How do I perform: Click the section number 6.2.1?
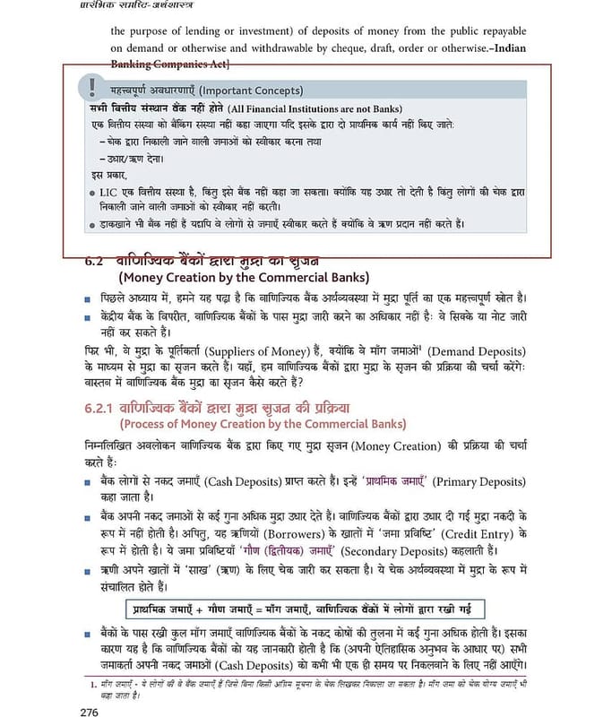click(x=108, y=409)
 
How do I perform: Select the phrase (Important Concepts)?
click(x=251, y=91)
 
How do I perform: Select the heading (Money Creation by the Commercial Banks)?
click(x=243, y=277)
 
